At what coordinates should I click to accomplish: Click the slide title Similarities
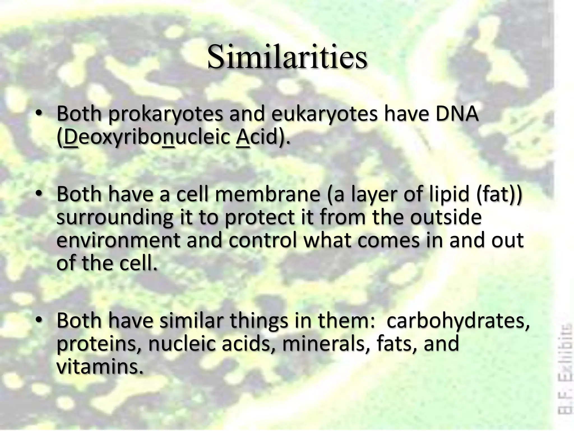287,57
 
